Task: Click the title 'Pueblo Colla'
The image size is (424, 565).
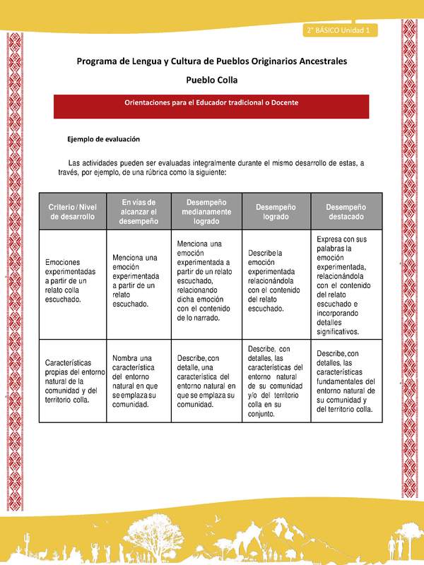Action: click(x=211, y=81)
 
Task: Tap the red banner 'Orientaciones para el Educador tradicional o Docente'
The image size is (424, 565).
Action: click(x=211, y=103)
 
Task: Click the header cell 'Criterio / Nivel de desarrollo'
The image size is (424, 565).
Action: click(x=71, y=211)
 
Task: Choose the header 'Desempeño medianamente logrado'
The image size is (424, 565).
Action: click(x=206, y=211)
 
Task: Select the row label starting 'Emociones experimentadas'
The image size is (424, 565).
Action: click(x=71, y=280)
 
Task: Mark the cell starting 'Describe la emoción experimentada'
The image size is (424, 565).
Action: click(x=276, y=280)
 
